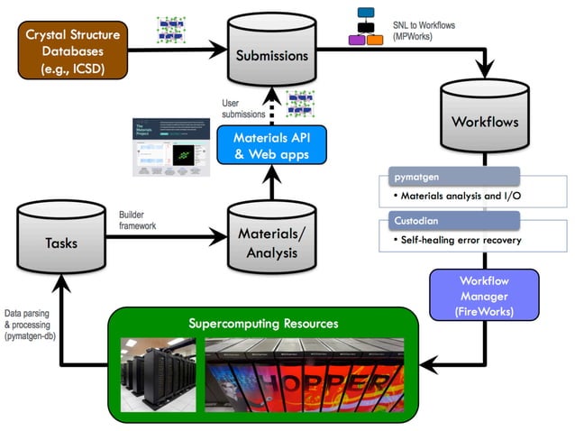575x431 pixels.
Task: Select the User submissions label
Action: pos(243,109)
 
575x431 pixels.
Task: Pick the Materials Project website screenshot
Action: pos(170,148)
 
